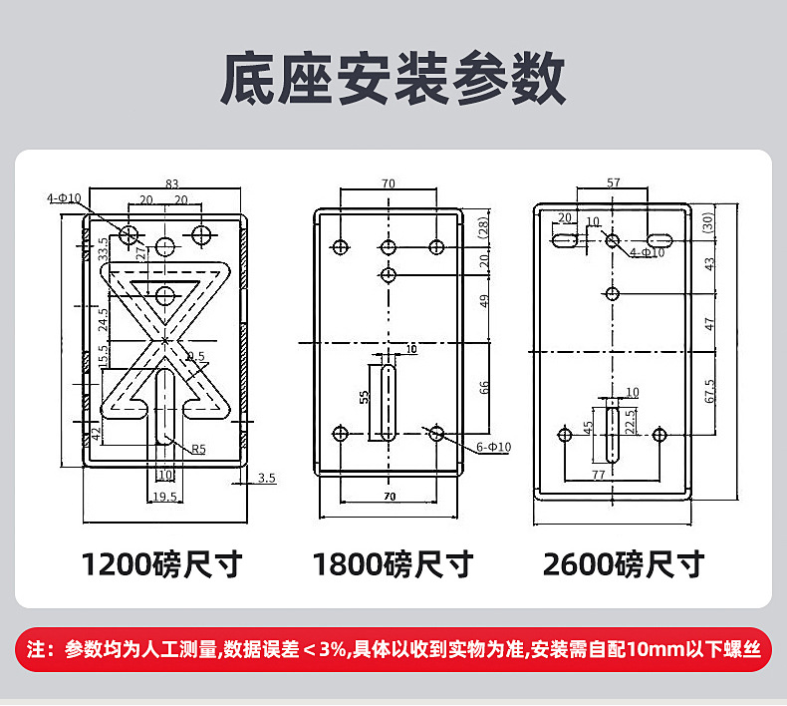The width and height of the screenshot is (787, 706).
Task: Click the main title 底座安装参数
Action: [393, 81]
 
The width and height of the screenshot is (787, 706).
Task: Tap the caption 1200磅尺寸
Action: [161, 564]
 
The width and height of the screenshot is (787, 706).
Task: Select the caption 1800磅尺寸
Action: [393, 564]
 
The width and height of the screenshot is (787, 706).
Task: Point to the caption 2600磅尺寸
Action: [624, 564]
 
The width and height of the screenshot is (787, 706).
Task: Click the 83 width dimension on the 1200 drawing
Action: [171, 183]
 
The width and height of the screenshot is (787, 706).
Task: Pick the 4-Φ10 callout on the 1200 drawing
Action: [64, 198]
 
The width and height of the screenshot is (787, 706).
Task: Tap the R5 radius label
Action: [198, 449]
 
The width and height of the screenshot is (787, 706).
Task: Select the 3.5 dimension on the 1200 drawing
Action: [266, 479]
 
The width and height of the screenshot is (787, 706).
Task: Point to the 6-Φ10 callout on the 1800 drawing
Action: [493, 448]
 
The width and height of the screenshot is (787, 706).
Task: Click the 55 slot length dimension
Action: [365, 396]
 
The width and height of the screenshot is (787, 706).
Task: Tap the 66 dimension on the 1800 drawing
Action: [484, 387]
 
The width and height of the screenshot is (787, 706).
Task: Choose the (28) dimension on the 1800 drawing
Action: [484, 227]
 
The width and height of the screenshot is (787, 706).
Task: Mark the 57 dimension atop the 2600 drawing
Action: [613, 182]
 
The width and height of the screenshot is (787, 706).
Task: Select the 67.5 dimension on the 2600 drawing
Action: [709, 391]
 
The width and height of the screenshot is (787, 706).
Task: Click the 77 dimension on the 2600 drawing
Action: [598, 476]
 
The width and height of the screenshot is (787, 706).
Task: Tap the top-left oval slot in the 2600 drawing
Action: [566, 239]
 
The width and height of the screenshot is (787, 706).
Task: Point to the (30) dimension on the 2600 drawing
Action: [708, 223]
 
